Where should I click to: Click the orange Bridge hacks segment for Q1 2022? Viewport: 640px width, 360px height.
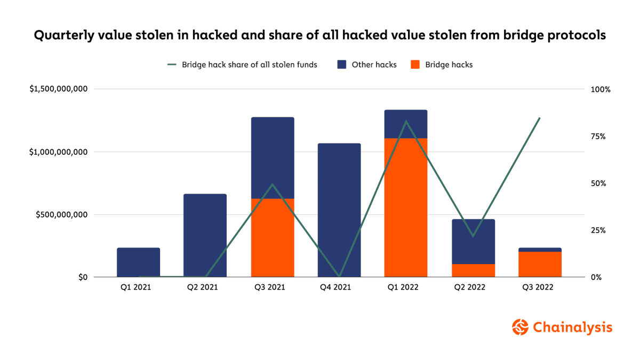405,208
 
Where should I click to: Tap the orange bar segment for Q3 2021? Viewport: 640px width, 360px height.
272,238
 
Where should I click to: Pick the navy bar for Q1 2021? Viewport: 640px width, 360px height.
139,262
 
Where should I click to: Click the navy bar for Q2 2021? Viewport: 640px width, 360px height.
205,235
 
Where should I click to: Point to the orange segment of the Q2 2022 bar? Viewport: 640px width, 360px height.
473,270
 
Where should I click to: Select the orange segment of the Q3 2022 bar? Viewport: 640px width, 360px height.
540,264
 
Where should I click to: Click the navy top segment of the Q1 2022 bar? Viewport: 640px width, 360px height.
405,124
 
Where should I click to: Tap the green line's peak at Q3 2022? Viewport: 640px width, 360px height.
540,118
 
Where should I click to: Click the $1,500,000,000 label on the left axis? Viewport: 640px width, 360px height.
59,89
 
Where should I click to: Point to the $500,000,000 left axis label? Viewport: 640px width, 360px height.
61,215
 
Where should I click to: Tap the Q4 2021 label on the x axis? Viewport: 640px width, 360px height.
339,287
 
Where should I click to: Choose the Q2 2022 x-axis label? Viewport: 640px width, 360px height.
473,287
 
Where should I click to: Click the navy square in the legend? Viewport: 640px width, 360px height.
342,65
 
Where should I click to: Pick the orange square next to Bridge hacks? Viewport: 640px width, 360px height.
415,65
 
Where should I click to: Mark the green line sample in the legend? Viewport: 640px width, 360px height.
172,65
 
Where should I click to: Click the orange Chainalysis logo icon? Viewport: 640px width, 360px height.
520,327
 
